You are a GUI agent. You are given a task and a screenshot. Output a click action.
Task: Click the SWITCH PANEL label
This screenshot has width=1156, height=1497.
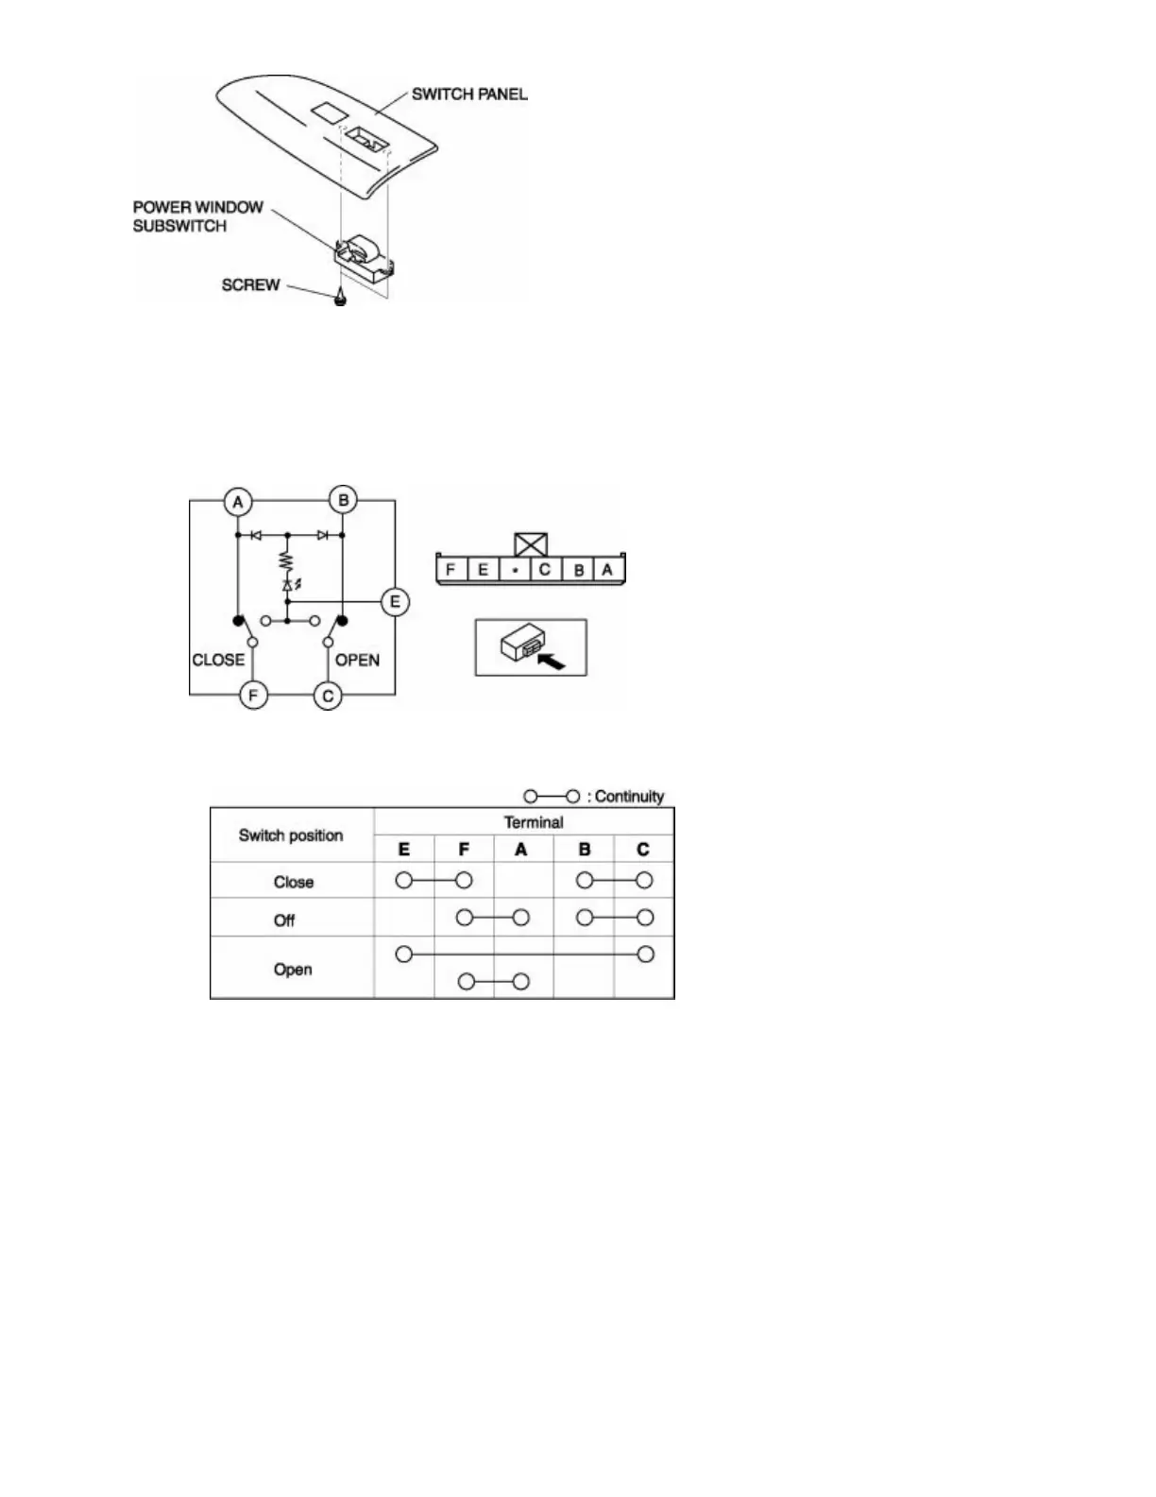point(468,94)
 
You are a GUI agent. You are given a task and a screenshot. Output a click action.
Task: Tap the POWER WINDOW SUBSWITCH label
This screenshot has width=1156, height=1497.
point(197,216)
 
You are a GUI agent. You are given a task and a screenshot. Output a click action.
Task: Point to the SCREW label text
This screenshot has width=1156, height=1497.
point(250,284)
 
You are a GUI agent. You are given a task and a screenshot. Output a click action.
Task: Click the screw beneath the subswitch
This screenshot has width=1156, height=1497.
point(339,299)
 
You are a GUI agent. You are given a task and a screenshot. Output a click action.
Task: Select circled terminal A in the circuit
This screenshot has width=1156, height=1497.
point(238,502)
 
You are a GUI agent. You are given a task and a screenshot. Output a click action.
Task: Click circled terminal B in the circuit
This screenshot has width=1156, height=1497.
point(343,501)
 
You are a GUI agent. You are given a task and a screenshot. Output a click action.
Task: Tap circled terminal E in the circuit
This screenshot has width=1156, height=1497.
point(395,602)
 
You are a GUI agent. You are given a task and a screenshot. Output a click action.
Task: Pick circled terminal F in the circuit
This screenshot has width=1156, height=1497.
point(252,696)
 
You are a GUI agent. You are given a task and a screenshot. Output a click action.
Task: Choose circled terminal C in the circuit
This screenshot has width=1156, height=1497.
point(328,696)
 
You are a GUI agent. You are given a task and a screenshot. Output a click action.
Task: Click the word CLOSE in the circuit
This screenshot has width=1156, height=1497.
point(218,660)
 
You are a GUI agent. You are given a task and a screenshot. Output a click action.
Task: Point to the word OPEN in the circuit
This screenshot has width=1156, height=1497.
point(357,660)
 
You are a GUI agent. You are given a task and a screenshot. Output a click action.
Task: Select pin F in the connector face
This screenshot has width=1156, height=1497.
point(451,570)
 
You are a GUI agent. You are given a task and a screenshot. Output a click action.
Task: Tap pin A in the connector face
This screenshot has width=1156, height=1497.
point(607,570)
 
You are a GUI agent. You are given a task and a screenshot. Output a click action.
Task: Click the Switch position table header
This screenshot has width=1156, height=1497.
point(291,835)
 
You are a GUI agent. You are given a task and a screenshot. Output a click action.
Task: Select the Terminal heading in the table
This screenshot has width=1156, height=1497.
point(534,822)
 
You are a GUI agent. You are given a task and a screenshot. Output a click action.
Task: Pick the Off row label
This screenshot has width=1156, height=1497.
point(284,920)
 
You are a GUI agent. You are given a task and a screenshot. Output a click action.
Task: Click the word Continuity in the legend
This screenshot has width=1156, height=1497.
point(629,797)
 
